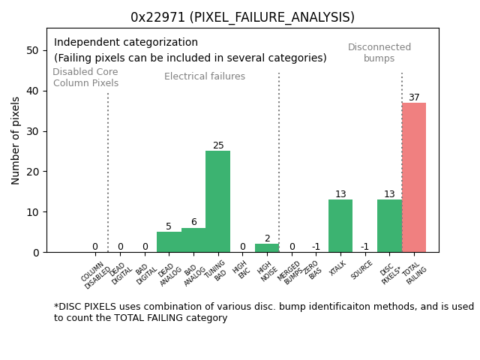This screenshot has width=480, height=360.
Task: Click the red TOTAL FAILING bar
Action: tap(414, 178)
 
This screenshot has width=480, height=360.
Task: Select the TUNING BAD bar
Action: tap(217, 202)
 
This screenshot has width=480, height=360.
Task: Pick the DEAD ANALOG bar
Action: tap(169, 242)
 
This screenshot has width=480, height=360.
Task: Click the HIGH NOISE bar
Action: tap(267, 248)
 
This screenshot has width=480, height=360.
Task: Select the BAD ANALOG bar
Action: tap(193, 240)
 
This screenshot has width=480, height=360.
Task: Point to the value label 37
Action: tap(414, 97)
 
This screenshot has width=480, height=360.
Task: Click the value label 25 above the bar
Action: tap(218, 146)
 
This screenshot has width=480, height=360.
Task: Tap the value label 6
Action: tap(193, 223)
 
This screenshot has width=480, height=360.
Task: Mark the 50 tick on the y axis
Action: tap(33, 50)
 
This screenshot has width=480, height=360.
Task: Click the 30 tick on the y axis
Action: tap(33, 131)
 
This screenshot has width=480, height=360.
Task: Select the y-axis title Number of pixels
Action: tap(16, 140)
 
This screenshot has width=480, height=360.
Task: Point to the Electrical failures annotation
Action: tap(205, 76)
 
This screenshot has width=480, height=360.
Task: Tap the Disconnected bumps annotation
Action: tap(379, 53)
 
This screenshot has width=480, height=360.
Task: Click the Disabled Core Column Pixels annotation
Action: tap(85, 78)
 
